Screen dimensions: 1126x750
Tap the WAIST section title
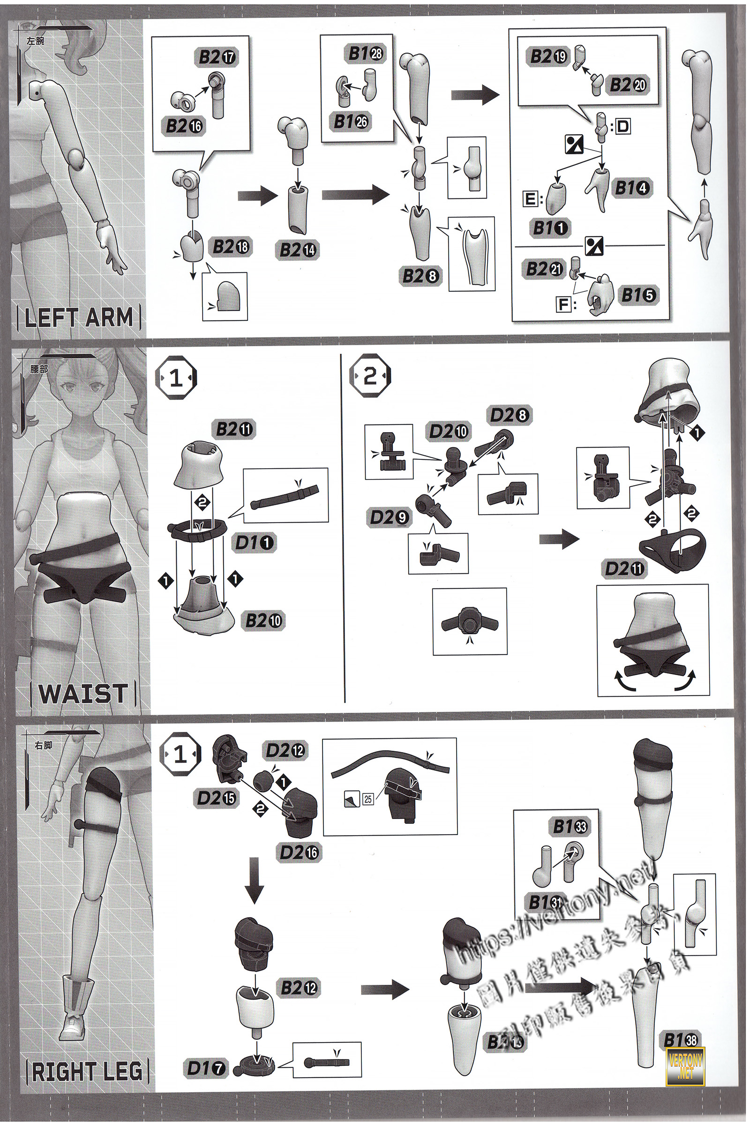pyautogui.click(x=83, y=693)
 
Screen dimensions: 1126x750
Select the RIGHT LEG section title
pyautogui.click(x=88, y=1071)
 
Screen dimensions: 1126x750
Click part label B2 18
pyautogui.click(x=231, y=247)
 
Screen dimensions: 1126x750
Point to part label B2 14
pyautogui.click(x=298, y=250)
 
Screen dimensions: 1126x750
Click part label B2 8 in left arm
pyautogui.click(x=420, y=276)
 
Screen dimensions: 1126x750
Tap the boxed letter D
pyautogui.click(x=622, y=127)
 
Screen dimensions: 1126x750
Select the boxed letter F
pyautogui.click(x=564, y=304)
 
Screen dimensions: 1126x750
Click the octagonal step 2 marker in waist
pyautogui.click(x=370, y=378)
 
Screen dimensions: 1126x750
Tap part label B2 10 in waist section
pyautogui.click(x=263, y=621)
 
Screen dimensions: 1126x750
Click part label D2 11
pyautogui.click(x=624, y=569)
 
